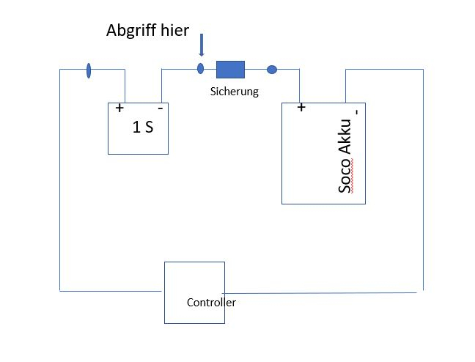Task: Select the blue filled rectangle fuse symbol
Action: coord(229,70)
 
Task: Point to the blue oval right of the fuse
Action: coord(271,70)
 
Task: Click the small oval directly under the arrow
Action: coord(200,70)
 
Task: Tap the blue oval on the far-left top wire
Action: coord(89,70)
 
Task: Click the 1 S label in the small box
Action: coord(143,126)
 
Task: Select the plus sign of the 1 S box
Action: coord(119,108)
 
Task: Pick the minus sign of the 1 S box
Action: coord(160,108)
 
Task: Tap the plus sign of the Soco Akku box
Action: coord(301,108)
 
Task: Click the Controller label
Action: coord(211,302)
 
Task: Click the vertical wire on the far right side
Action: coord(423,183)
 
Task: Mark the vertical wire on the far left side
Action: coord(59,183)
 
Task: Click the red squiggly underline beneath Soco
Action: coord(353,179)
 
